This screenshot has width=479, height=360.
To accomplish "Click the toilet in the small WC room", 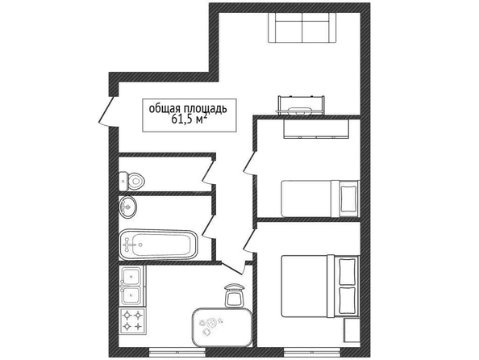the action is point(131,181).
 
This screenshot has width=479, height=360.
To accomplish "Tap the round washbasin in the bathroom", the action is point(127,207).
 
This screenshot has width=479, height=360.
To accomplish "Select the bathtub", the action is point(158,245).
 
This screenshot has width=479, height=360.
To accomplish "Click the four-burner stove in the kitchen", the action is point(133,320).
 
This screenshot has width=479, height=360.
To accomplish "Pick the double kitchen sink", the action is point(132,286).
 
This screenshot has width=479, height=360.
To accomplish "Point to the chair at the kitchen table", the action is point(235,295).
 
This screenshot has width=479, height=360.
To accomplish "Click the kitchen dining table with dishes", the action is point(222,327).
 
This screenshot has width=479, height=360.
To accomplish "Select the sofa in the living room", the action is point(302,27).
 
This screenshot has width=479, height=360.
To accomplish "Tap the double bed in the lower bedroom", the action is point(319,287).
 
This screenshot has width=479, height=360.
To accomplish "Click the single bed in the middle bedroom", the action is point(320,199).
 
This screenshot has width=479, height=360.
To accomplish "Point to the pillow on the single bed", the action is point(348,199).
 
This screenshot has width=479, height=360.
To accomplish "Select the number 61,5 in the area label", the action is point(182,119).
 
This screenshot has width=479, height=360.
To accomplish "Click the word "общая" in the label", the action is point(165,109).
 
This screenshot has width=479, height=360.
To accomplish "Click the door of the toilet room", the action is point(209,172).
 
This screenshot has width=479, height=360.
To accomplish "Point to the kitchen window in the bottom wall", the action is point(177,353).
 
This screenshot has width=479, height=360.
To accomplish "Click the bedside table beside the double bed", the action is point(352,330).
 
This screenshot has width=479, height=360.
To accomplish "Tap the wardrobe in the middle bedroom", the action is point(316,129).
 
